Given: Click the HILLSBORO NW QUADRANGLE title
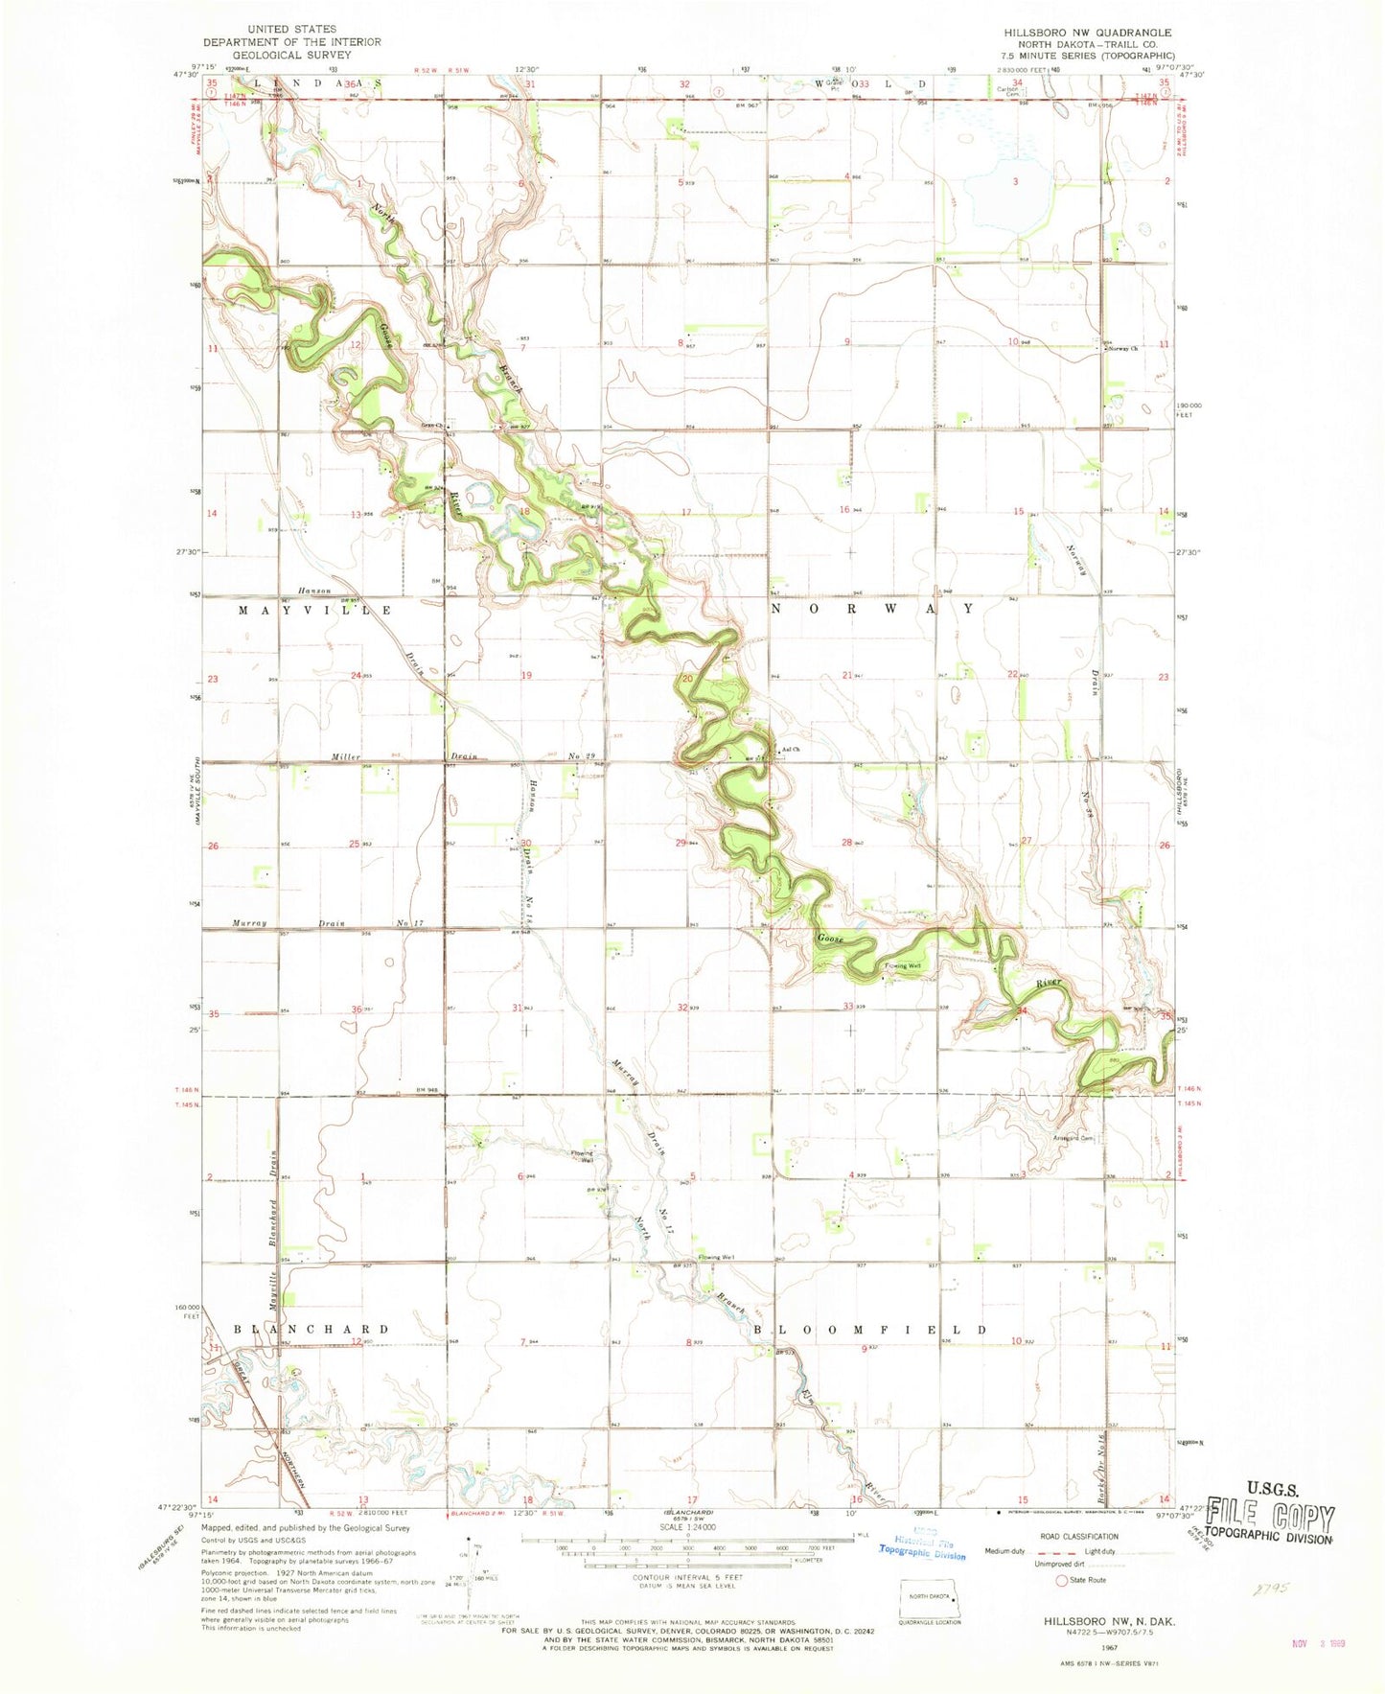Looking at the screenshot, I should click(1087, 33).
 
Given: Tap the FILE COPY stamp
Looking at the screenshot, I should click(1269, 1520).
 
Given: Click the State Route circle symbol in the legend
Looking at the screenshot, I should click(1061, 1580).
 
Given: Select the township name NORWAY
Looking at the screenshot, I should click(873, 609).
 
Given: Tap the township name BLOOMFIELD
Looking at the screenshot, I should click(869, 1330).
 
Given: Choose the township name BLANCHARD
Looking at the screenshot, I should click(312, 1330).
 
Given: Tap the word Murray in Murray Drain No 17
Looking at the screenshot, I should click(248, 923).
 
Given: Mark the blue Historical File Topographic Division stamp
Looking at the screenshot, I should click(921, 1543).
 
